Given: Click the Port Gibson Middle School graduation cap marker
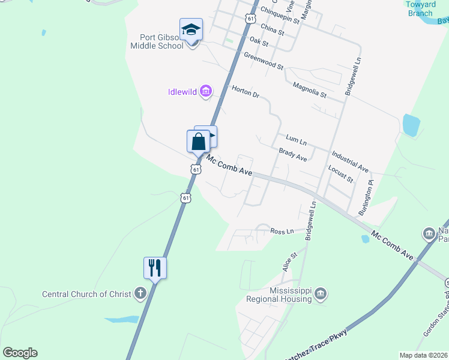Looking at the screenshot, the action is (191, 29).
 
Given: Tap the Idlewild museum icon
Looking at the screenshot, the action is (206, 92).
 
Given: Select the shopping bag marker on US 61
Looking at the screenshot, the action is (198, 142).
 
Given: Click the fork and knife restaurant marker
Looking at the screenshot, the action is (155, 268).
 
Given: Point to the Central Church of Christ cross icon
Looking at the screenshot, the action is (140, 294).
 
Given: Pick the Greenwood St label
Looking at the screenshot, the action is (264, 61).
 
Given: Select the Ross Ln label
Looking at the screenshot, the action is (282, 231).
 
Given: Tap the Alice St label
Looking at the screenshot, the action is (290, 262).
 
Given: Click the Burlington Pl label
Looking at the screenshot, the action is (366, 198).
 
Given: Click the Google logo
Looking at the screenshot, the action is (20, 353).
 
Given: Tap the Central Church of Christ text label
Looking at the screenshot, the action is (85, 294).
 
